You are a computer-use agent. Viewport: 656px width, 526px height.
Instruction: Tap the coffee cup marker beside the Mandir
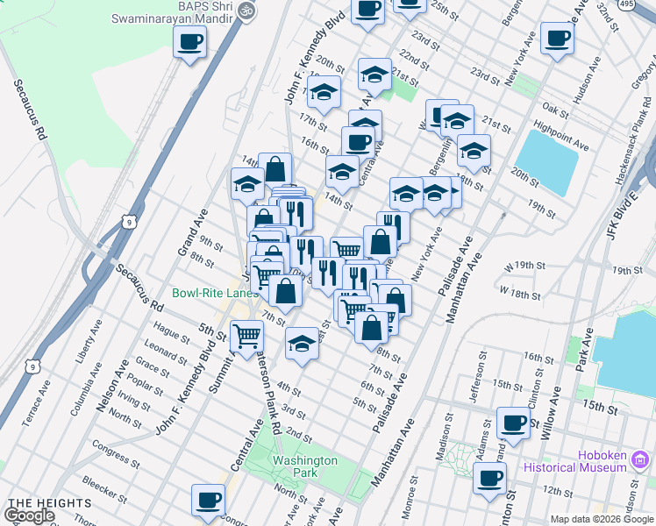point(189,41)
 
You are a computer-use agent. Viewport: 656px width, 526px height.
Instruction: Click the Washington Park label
point(304,466)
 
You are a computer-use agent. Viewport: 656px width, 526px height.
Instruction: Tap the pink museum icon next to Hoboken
point(642,458)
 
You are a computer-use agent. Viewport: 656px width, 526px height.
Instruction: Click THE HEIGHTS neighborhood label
point(48,503)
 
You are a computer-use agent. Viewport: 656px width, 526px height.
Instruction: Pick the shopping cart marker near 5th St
point(246,334)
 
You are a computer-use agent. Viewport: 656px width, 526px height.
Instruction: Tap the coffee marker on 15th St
point(513,423)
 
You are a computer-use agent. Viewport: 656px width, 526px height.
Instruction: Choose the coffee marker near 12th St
point(489,478)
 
